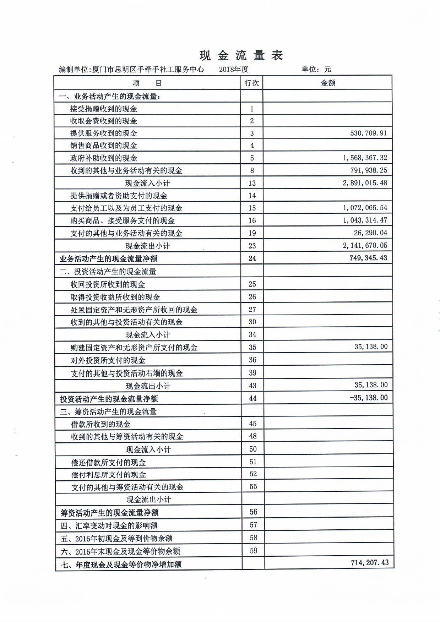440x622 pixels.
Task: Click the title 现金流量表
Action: click(x=241, y=55)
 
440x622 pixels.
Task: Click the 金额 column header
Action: click(x=328, y=83)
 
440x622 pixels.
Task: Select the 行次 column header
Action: click(x=252, y=83)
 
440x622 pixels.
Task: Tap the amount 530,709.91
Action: click(x=368, y=133)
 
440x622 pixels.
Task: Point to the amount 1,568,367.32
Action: click(x=365, y=158)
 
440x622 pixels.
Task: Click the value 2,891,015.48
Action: click(x=365, y=183)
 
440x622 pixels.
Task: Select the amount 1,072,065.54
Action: click(x=365, y=208)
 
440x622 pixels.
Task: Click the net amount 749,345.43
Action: click(x=368, y=258)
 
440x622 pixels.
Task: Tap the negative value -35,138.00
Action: click(x=369, y=398)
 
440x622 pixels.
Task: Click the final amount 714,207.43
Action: click(x=369, y=562)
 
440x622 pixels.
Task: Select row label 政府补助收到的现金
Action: click(x=104, y=158)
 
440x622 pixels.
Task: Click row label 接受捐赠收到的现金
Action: click(x=104, y=109)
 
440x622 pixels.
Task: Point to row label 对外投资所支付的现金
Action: click(x=108, y=360)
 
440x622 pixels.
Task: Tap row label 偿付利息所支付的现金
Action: click(x=108, y=475)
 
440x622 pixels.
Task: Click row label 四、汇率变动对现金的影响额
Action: click(x=109, y=525)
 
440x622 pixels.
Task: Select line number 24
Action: click(x=252, y=258)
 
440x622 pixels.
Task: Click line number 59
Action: click(x=253, y=551)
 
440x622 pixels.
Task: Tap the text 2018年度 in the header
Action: click(x=234, y=69)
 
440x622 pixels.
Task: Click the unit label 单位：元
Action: click(x=316, y=69)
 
